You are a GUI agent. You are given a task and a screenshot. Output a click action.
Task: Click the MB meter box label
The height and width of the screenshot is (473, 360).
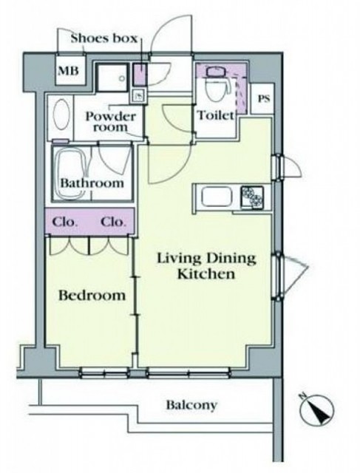pyautogui.click(x=68, y=71)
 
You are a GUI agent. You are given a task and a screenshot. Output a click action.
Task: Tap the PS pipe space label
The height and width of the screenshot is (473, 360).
pyautogui.click(x=263, y=98)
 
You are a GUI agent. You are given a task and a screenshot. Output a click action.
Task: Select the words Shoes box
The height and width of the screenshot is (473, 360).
pyautogui.click(x=104, y=38)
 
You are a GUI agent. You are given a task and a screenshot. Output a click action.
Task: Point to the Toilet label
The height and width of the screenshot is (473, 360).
pyautogui.click(x=216, y=115)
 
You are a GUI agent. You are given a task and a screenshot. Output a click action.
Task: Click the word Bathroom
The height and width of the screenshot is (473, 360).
pyautogui.click(x=92, y=183)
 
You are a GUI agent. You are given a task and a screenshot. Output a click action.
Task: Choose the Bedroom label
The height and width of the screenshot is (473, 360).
pyautogui.click(x=92, y=295)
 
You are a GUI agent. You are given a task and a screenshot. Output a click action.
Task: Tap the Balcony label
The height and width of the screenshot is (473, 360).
pyautogui.click(x=191, y=405)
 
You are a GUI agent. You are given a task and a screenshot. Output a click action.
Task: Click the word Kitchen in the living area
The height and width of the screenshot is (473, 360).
pyautogui.click(x=206, y=274)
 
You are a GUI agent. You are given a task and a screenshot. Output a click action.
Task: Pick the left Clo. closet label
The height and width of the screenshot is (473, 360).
pyautogui.click(x=64, y=222)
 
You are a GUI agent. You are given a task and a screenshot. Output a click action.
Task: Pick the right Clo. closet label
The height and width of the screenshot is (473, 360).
pyautogui.click(x=112, y=222)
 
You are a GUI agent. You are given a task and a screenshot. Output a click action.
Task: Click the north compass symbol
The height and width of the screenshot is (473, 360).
pyautogui.click(x=317, y=408)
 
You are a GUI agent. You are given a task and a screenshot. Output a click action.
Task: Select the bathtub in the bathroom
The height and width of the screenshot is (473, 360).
pyautogui.click(x=72, y=174)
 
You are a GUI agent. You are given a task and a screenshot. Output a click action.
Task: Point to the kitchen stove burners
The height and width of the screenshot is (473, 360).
pyautogui.click(x=252, y=197)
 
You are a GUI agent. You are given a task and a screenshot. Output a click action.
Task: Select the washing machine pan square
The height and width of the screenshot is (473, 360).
pyautogui.click(x=112, y=78)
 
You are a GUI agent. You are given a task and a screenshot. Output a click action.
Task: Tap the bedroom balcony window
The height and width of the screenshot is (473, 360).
pyautogui.click(x=105, y=373)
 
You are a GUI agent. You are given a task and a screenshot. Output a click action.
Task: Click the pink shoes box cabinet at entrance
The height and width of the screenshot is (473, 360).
pyautogui.click(x=140, y=75)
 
